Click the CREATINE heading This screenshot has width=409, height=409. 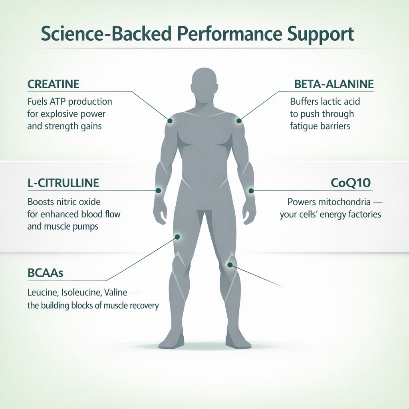(53, 84)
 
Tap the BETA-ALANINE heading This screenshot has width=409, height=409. (334, 84)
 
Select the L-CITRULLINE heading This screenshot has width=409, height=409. (63, 183)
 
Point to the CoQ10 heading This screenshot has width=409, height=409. (351, 183)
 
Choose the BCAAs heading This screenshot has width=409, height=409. (46, 273)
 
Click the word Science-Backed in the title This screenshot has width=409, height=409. (106, 34)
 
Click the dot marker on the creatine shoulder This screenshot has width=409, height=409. (170, 121)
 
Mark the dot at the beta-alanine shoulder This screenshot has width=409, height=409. (239, 121)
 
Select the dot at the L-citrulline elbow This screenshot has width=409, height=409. (158, 191)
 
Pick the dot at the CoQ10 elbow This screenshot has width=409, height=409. (251, 191)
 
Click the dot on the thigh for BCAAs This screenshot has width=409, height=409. (177, 237)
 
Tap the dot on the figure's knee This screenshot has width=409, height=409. (230, 265)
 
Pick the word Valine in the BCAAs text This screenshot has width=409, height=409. (115, 292)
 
